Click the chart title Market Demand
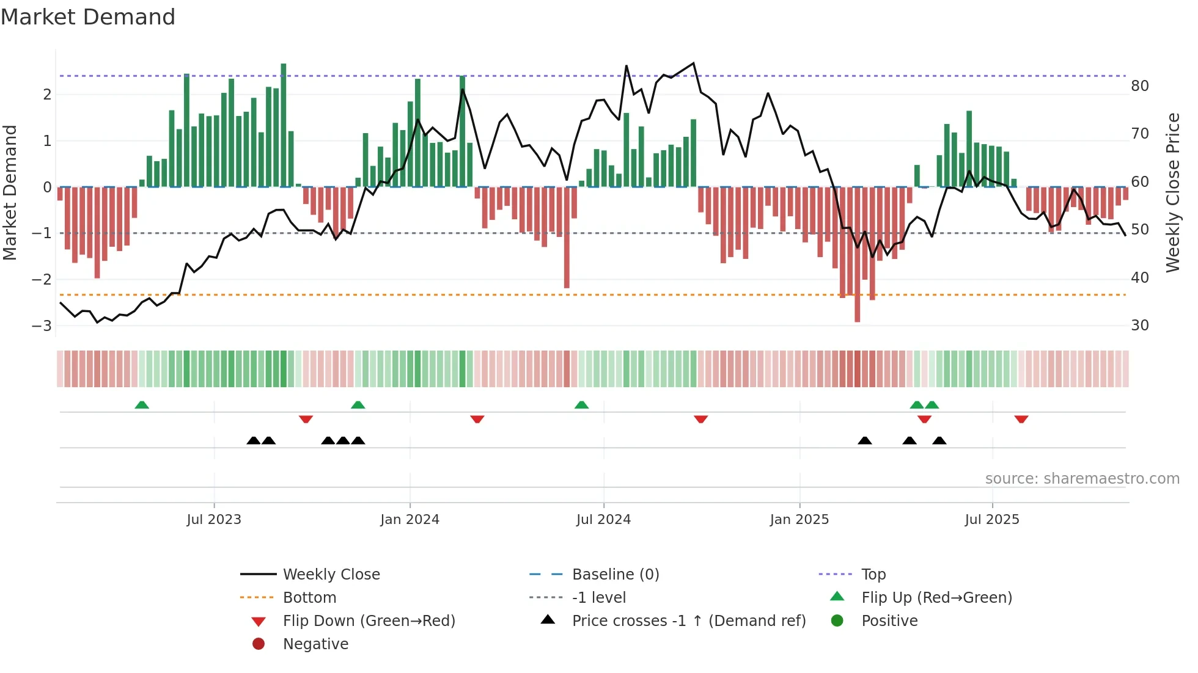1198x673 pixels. tap(88, 17)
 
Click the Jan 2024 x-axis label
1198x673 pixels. tap(410, 520)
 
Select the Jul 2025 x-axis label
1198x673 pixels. tap(992, 520)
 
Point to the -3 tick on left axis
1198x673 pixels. tap(42, 326)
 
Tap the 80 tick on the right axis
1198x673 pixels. tap(1139, 86)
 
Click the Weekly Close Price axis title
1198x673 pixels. tap(1172, 192)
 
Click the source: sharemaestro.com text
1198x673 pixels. tap(1082, 479)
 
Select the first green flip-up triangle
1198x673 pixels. tap(142, 405)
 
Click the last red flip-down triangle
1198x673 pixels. tap(1021, 419)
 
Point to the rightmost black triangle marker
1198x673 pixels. tap(939, 440)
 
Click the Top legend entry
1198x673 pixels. tap(873, 575)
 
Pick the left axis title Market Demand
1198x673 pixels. tap(10, 192)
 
